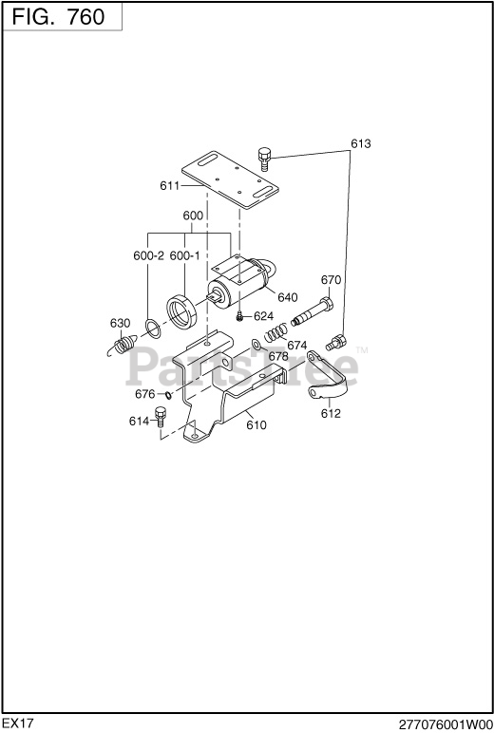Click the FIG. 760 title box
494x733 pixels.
pyautogui.click(x=62, y=17)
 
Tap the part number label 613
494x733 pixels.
pyautogui.click(x=361, y=143)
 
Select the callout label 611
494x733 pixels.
pyautogui.click(x=169, y=186)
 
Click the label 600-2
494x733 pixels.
pyautogui.click(x=149, y=255)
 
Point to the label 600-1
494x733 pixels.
pyautogui.click(x=184, y=255)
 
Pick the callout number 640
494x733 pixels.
pyautogui.click(x=287, y=297)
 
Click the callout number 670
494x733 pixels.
pyautogui.click(x=331, y=280)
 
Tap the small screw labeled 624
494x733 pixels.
pyautogui.click(x=239, y=317)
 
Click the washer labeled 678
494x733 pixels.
pyautogui.click(x=256, y=345)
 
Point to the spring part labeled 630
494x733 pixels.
pyautogui.click(x=122, y=346)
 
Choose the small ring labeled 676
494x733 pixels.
pyautogui.click(x=168, y=395)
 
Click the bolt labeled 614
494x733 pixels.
pyautogui.click(x=161, y=417)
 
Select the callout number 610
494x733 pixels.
pyautogui.click(x=256, y=425)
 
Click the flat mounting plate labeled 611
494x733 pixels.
pyautogui.click(x=230, y=179)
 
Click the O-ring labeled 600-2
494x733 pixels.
pyautogui.click(x=154, y=329)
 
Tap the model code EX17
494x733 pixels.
pyautogui.click(x=18, y=724)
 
